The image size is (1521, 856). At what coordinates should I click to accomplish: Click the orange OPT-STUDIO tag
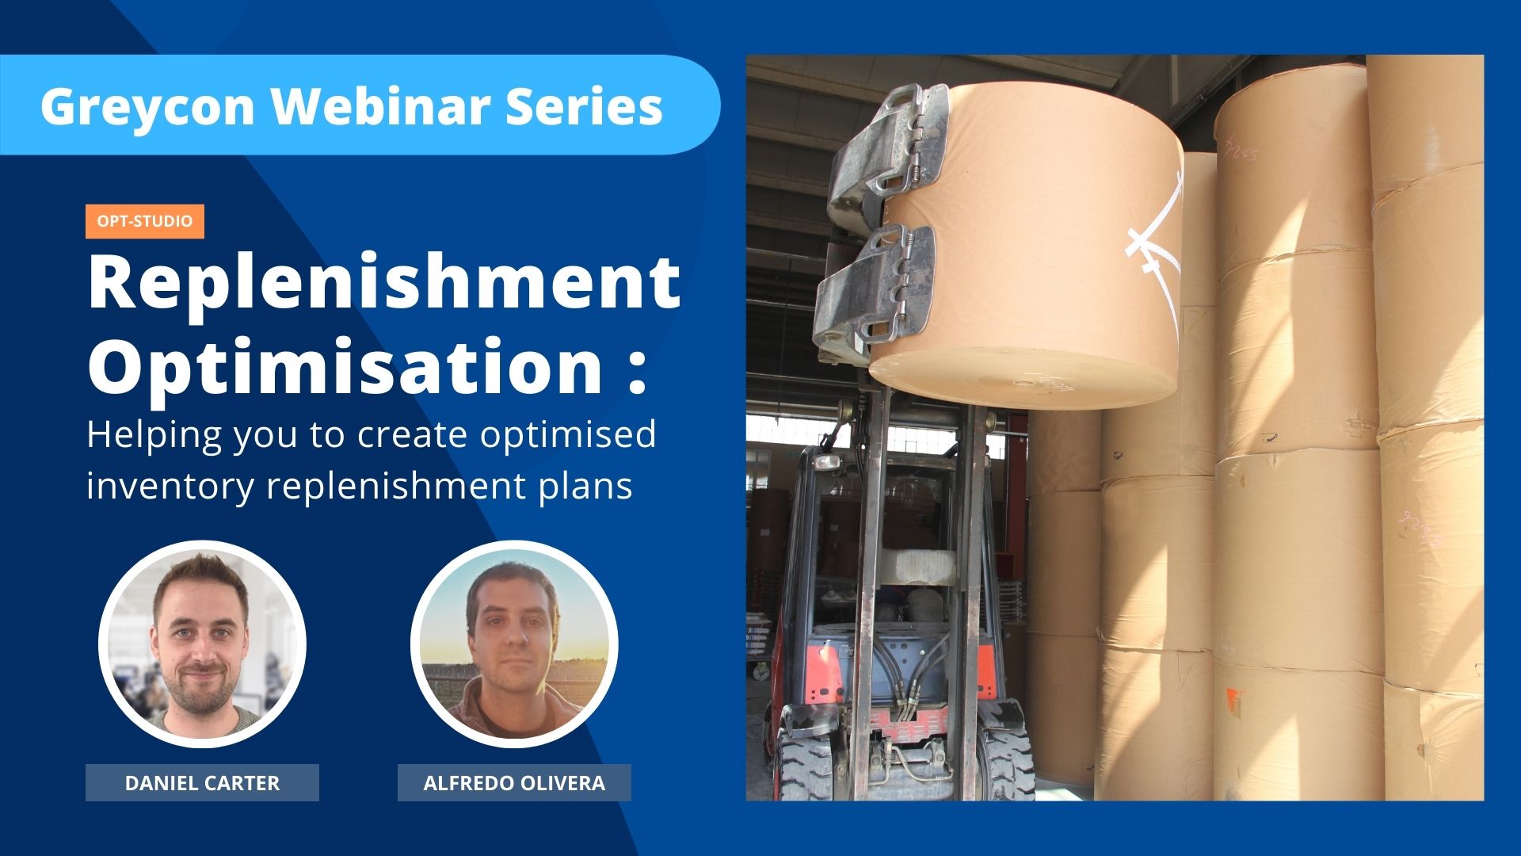click(x=145, y=221)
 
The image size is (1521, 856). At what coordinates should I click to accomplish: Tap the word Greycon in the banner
click(x=147, y=106)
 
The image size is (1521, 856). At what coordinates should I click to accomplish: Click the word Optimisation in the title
click(x=345, y=366)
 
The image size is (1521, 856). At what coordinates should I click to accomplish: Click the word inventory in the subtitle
click(x=170, y=485)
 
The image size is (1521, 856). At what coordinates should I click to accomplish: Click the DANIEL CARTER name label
click(x=202, y=783)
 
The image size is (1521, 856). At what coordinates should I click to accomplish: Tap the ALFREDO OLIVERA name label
click(x=514, y=783)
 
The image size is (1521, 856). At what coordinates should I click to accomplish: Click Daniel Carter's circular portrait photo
click(x=202, y=644)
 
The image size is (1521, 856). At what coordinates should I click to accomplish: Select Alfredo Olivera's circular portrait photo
click(x=514, y=644)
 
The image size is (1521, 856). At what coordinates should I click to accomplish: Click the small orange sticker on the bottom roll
click(x=1233, y=702)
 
